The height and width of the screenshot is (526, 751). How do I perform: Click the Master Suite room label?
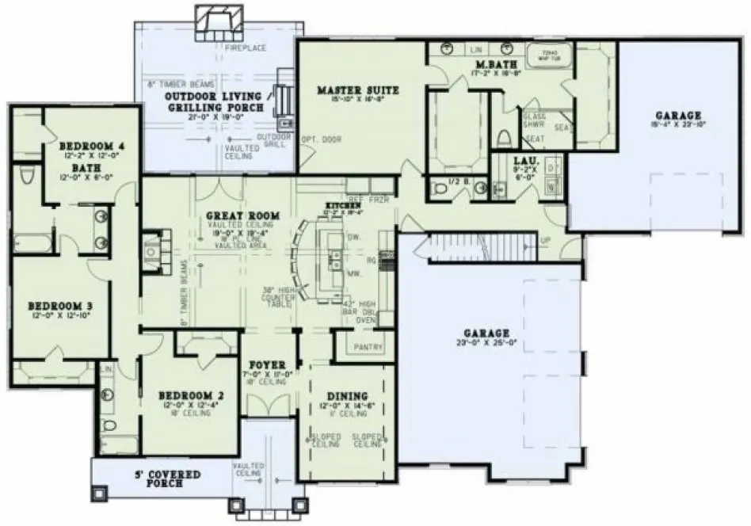click(357, 90)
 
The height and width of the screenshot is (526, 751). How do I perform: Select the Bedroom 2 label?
click(185, 395)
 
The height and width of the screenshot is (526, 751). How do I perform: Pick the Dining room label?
click(347, 395)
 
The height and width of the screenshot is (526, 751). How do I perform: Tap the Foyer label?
click(267, 366)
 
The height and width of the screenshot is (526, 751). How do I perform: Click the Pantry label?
click(369, 347)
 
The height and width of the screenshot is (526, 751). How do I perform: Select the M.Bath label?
click(492, 63)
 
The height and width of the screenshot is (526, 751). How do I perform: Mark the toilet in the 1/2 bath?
click(442, 189)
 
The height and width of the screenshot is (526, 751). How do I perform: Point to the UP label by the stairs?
click(545, 239)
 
